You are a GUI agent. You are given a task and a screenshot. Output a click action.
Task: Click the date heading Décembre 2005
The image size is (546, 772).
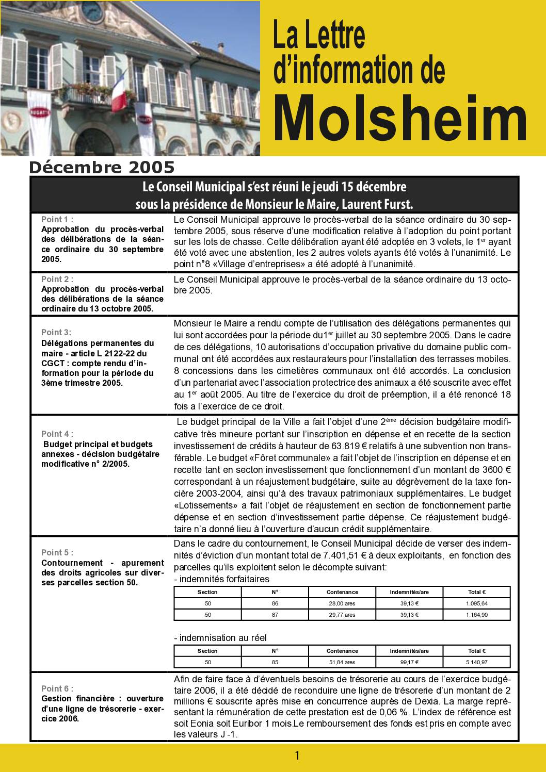[102, 168]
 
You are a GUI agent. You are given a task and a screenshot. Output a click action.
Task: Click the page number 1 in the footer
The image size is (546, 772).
[297, 756]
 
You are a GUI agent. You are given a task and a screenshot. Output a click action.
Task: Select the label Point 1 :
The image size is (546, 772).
[57, 219]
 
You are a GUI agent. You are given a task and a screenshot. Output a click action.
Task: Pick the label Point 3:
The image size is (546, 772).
[56, 332]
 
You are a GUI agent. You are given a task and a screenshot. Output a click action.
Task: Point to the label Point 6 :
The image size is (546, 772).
[57, 688]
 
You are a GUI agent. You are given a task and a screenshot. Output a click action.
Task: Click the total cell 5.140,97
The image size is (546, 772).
[477, 662]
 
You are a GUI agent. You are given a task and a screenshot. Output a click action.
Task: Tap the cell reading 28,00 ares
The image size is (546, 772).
[342, 603]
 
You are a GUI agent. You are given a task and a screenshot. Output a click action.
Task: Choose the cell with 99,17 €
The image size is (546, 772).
[409, 662]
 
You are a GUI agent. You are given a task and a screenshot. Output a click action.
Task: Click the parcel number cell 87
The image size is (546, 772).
[275, 615]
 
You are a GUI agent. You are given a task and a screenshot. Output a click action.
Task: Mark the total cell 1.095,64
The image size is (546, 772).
[477, 603]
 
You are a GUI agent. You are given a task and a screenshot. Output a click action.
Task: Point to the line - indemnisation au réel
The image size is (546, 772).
[220, 638]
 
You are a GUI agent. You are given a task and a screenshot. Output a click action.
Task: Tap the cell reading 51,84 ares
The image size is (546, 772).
[342, 662]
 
